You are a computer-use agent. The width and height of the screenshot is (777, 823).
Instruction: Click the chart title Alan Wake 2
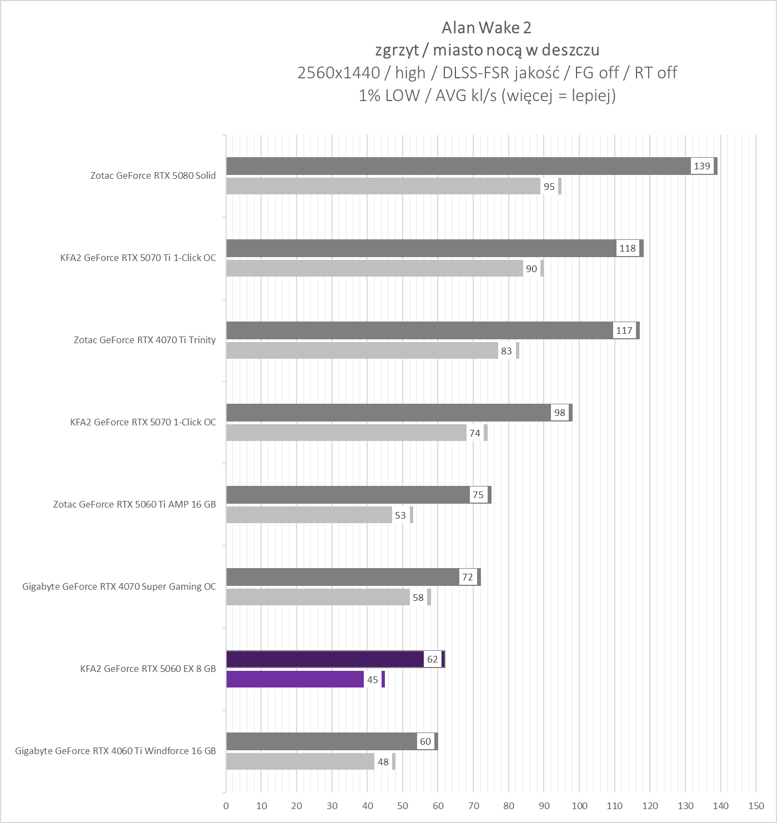tap(487, 27)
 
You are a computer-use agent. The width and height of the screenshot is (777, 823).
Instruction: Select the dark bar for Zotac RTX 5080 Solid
tap(458, 166)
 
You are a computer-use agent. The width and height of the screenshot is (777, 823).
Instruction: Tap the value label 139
tap(702, 166)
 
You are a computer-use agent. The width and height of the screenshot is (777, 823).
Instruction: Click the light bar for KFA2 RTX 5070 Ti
tap(374, 268)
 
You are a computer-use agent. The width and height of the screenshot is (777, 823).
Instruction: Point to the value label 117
tap(624, 330)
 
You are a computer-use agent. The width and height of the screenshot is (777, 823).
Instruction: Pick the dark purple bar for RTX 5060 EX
tap(325, 659)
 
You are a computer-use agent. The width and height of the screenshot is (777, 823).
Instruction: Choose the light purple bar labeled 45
tap(295, 680)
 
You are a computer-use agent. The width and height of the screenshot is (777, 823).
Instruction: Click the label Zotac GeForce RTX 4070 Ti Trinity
tap(144, 340)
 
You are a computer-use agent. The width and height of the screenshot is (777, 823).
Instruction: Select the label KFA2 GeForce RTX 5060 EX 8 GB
tap(148, 669)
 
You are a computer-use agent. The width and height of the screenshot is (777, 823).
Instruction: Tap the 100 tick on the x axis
tap(579, 806)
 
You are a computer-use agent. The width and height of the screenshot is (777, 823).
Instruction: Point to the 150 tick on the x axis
tap(756, 806)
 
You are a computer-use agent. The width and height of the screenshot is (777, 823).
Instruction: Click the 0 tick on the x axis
tap(226, 806)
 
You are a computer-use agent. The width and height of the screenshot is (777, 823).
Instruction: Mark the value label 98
tap(559, 413)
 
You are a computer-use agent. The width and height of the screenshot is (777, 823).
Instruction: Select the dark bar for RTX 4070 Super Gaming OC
tap(343, 577)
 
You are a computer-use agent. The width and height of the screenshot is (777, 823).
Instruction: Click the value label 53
tap(400, 515)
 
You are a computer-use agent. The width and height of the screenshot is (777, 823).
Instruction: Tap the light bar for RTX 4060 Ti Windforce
tap(300, 762)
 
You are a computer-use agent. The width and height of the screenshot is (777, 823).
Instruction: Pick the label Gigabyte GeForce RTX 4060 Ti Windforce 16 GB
tap(116, 751)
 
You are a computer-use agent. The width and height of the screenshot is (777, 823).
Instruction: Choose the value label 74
tap(474, 433)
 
